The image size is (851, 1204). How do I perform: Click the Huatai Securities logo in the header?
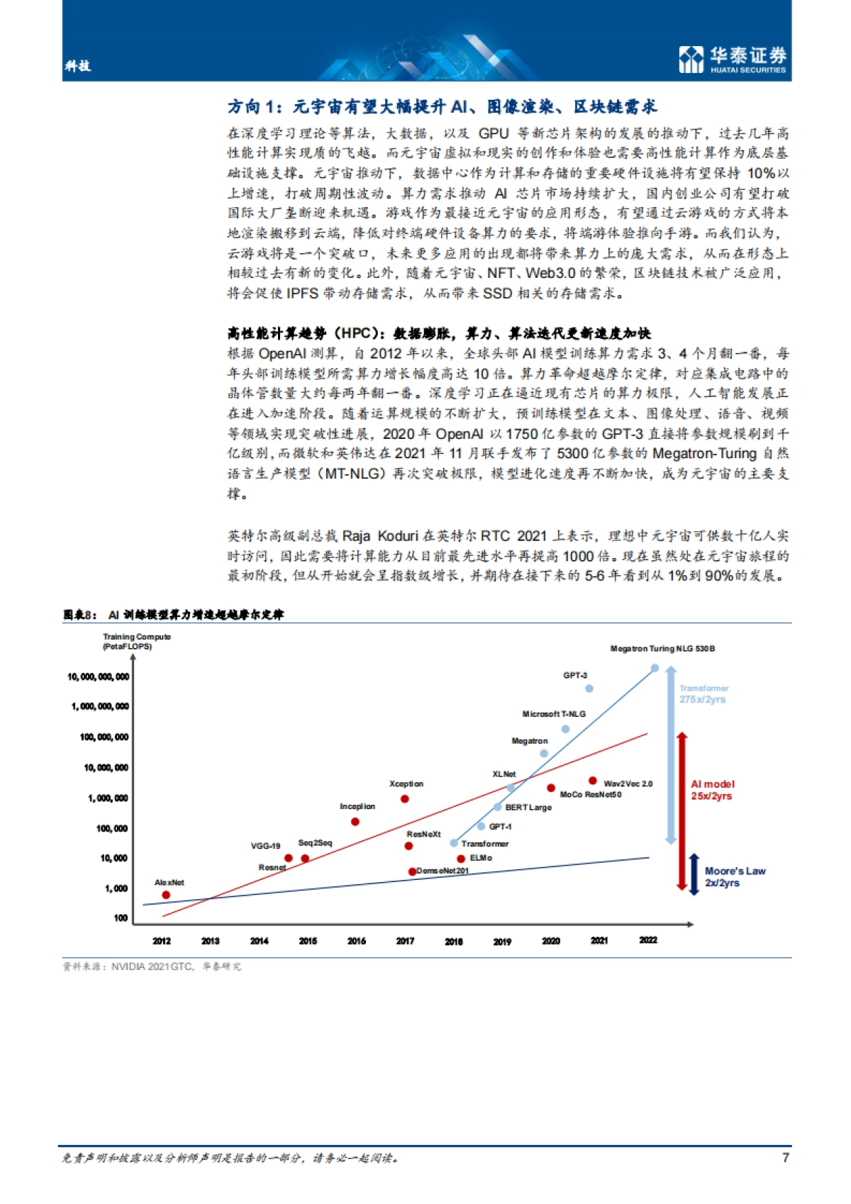pyautogui.click(x=733, y=59)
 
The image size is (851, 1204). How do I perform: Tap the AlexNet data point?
pyautogui.click(x=166, y=895)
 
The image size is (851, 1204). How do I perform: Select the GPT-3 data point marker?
pyautogui.click(x=589, y=689)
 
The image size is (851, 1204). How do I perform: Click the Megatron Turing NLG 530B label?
pyautogui.click(x=662, y=649)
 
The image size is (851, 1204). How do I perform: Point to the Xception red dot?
pyautogui.click(x=405, y=799)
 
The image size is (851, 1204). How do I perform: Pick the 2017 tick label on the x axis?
pyautogui.click(x=405, y=941)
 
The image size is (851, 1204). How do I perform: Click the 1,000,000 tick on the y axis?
pyautogui.click(x=108, y=798)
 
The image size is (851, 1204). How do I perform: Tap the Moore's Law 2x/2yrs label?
pyautogui.click(x=735, y=876)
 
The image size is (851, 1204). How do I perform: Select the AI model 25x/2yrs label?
pyautogui.click(x=713, y=790)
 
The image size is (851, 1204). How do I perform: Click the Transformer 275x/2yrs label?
pyautogui.click(x=703, y=693)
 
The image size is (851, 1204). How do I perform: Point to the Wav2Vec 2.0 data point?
pyautogui.click(x=593, y=781)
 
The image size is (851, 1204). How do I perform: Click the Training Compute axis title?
pyautogui.click(x=137, y=641)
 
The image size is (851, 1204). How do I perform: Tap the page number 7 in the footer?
pyautogui.click(x=785, y=1157)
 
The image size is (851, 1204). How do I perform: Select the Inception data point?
pyautogui.click(x=355, y=822)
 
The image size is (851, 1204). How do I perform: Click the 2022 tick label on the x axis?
pyautogui.click(x=648, y=940)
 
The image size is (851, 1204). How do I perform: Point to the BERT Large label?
pyautogui.click(x=528, y=808)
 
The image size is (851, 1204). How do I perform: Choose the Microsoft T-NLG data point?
pyautogui.click(x=565, y=729)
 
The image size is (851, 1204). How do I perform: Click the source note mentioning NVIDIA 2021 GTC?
pyautogui.click(x=152, y=966)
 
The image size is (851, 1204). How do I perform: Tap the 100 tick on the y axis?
pyautogui.click(x=121, y=918)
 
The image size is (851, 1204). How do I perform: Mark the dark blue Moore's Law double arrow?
pyautogui.click(x=694, y=874)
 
